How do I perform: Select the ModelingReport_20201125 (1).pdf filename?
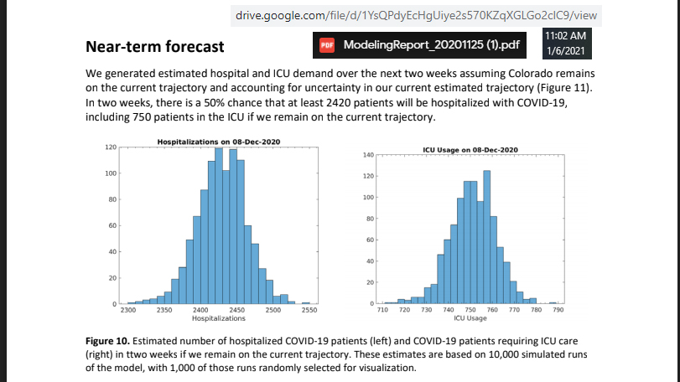[430, 44]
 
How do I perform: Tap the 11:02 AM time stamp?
[564, 36]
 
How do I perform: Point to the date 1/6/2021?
[564, 52]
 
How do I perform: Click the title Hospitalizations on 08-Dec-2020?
[218, 141]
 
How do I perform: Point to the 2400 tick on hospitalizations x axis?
[200, 310]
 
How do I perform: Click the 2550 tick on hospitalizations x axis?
[309, 310]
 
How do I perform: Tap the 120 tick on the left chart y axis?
[110, 147]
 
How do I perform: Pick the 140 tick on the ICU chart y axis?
[366, 155]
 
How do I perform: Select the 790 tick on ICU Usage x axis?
[558, 310]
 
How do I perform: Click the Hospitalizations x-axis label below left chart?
[218, 318]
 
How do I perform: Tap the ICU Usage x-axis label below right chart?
[470, 318]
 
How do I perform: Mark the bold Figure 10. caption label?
[111, 343]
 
